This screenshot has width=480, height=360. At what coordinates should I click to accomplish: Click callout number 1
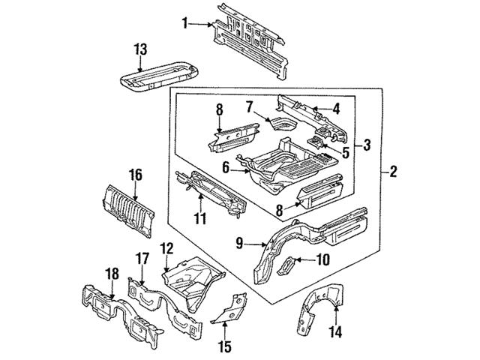(x=184, y=23)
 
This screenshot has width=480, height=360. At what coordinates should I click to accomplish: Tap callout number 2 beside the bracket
(x=393, y=172)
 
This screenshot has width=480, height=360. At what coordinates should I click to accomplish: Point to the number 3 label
(x=367, y=145)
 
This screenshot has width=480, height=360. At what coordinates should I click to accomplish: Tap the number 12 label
(x=166, y=247)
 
